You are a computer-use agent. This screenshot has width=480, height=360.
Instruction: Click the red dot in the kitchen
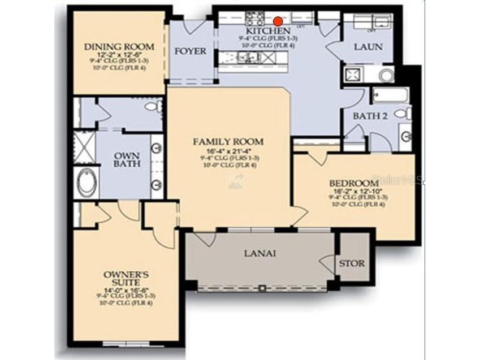click(x=278, y=21)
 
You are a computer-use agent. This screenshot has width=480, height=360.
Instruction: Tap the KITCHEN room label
click(x=268, y=31)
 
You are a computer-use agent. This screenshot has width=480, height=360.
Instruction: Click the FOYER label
click(x=190, y=51)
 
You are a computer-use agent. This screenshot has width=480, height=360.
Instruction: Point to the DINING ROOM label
click(x=111, y=46)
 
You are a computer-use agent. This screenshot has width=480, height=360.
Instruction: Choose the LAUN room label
click(x=367, y=47)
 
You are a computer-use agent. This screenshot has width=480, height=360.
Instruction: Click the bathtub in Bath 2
click(x=390, y=94)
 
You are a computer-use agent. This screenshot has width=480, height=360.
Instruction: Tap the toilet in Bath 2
click(x=403, y=114)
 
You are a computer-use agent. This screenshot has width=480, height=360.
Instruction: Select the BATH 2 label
click(x=370, y=116)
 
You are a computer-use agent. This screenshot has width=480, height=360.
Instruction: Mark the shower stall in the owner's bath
click(x=85, y=146)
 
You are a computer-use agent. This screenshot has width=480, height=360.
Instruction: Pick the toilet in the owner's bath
click(x=152, y=106)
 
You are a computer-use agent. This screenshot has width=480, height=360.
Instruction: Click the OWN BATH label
click(x=127, y=160)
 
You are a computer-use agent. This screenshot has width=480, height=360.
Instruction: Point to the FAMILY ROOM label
click(x=228, y=141)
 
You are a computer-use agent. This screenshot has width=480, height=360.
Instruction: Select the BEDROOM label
click(x=354, y=183)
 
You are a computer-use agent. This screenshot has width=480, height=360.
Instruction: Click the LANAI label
click(x=260, y=253)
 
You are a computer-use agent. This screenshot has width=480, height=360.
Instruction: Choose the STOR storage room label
click(x=352, y=263)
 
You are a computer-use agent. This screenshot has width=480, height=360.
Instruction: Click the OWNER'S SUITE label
click(x=126, y=279)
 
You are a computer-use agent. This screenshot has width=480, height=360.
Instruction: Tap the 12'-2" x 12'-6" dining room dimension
click(x=111, y=54)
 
